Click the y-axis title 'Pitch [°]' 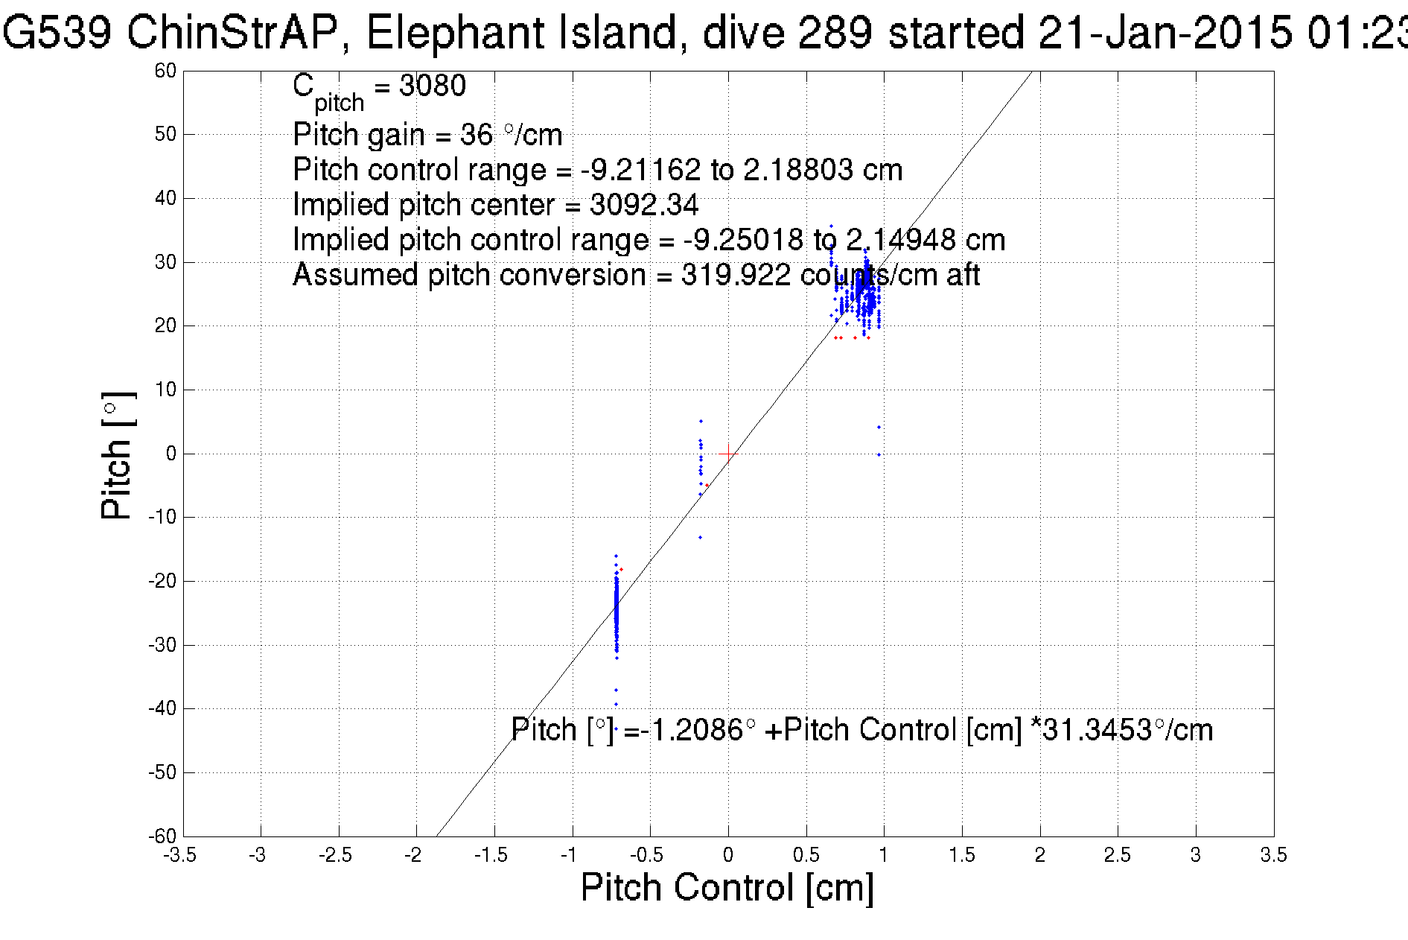coord(118,455)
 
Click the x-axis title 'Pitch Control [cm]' coord(727,888)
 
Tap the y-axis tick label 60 coord(165,71)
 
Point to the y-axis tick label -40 coord(162,708)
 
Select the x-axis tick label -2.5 coord(335,855)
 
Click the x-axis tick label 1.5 coord(961,855)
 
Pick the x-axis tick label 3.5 coord(1273,855)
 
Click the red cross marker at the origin coord(728,454)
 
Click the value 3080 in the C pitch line coord(433,86)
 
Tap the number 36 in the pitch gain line coord(477,135)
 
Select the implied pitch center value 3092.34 coord(644,205)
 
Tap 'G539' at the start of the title coord(57,34)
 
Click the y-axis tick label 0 coord(171,454)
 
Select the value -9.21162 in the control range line coord(640,170)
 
